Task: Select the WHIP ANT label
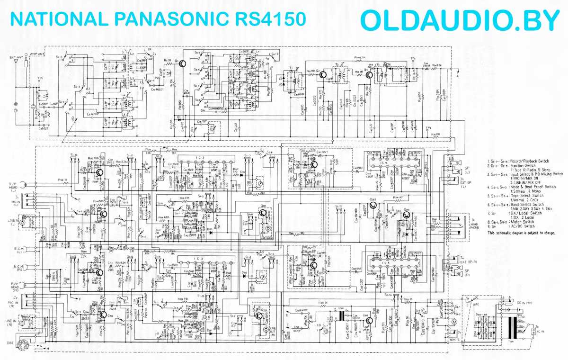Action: click(37, 54)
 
